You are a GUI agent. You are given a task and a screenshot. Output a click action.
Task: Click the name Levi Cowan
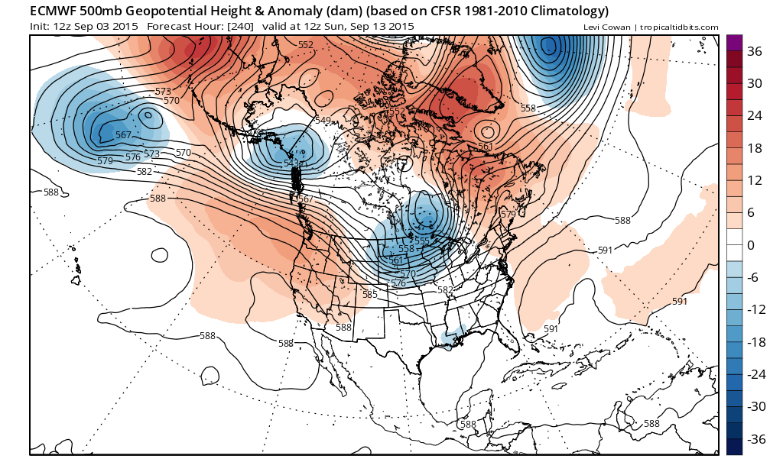coord(606,27)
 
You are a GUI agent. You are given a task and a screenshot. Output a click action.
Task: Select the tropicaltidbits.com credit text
coord(678,27)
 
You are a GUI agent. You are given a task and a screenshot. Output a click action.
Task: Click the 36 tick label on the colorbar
coord(754,51)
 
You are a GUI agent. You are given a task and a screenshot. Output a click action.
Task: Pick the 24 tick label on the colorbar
coord(754,116)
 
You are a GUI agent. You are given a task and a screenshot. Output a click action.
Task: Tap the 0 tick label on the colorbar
coord(751,245)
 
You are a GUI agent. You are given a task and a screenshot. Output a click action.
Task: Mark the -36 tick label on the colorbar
coord(756,439)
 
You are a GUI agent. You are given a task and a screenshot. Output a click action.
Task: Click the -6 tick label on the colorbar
coord(753,278)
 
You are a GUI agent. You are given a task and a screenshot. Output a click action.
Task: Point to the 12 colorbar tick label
coord(754,180)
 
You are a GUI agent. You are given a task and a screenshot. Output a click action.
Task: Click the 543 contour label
coord(293,164)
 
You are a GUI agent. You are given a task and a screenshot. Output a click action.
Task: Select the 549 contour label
coord(323,121)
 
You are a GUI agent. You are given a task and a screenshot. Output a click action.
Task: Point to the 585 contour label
coord(370,294)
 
